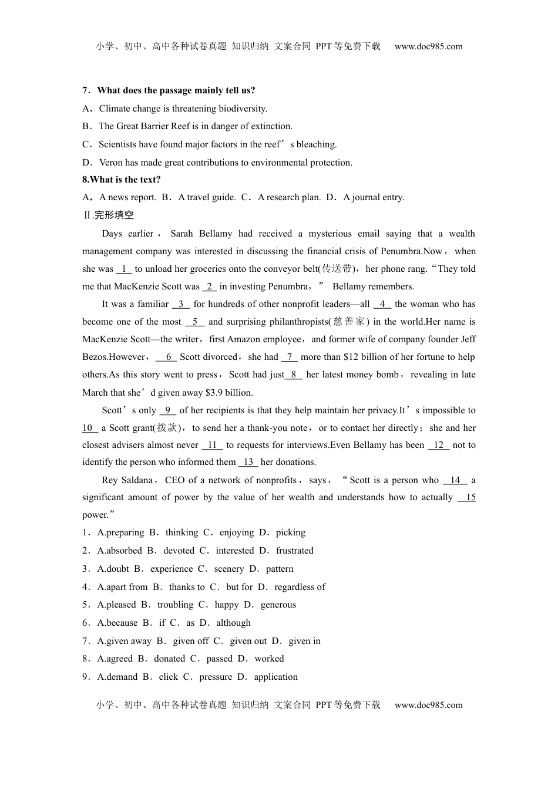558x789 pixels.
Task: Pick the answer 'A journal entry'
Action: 374,197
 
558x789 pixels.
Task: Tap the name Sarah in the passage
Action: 181,234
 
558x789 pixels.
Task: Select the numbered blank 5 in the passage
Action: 194,322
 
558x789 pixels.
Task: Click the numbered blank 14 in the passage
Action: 455,480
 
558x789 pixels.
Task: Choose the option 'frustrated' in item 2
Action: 295,551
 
